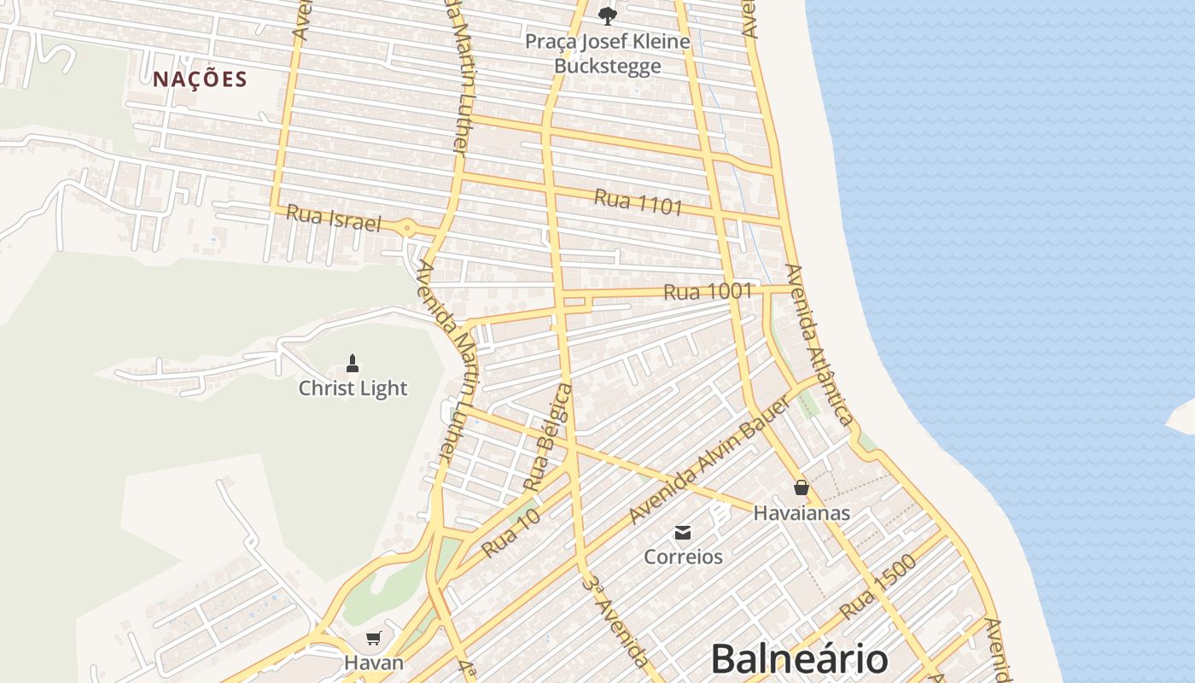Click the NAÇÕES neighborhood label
pyautogui.click(x=200, y=79)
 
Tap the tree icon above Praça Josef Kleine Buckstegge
pyautogui.click(x=607, y=15)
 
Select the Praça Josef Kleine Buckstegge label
pyautogui.click(x=607, y=53)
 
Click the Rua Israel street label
pyautogui.click(x=333, y=217)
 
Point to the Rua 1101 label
pyautogui.click(x=638, y=201)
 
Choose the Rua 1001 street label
pyautogui.click(x=708, y=292)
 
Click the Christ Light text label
pyautogui.click(x=353, y=388)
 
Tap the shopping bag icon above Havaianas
pyautogui.click(x=801, y=487)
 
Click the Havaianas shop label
pyautogui.click(x=802, y=513)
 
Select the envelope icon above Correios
pyautogui.click(x=683, y=533)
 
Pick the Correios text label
pyautogui.click(x=683, y=557)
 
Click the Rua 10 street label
pyautogui.click(x=511, y=534)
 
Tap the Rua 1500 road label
pyautogui.click(x=877, y=587)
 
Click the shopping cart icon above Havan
pyautogui.click(x=373, y=638)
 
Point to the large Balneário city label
pyautogui.click(x=799, y=659)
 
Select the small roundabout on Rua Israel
pyautogui.click(x=408, y=228)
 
